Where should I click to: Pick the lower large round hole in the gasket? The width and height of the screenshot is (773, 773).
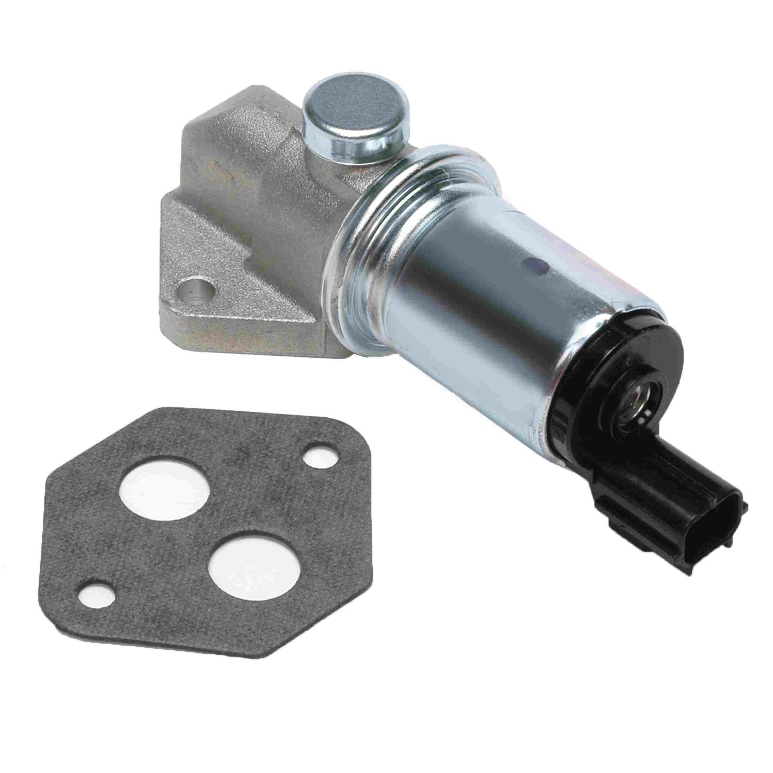241,569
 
